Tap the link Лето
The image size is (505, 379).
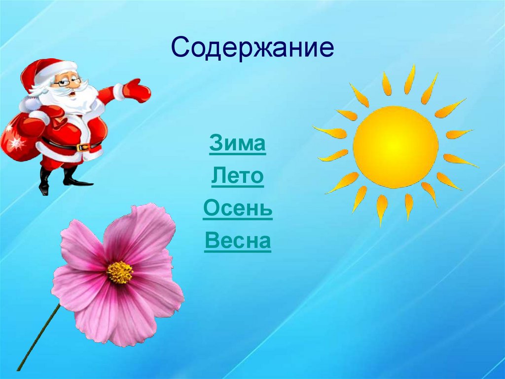(238, 176)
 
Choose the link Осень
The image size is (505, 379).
(238, 210)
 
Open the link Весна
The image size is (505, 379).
(238, 242)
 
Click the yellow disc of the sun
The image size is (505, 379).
(395, 147)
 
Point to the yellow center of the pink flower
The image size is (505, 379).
(120, 272)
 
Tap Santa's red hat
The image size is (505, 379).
(47, 69)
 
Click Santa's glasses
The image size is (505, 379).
(67, 82)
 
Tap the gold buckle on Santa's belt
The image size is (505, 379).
(84, 147)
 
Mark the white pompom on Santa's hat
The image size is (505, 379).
(25, 104)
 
